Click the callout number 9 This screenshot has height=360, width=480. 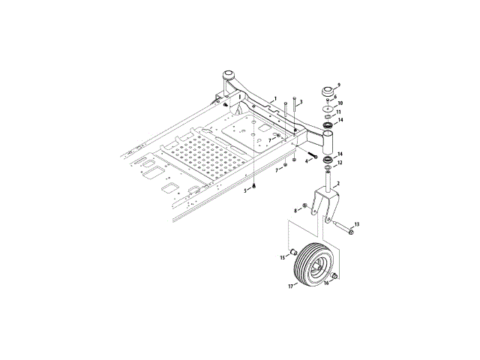click(338, 85)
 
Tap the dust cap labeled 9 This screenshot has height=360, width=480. click(328, 91)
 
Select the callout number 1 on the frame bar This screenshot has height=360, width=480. click(275, 98)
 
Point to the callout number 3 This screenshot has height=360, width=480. click(301, 102)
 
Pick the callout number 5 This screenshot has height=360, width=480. click(245, 190)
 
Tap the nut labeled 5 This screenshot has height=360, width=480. click(253, 187)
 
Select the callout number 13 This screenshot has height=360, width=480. click(357, 225)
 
